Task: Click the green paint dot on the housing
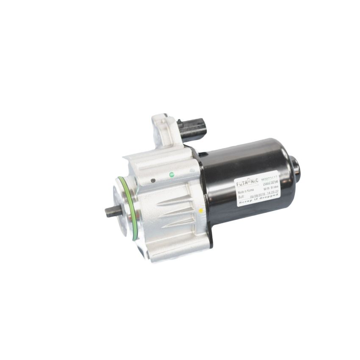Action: coord(172,174)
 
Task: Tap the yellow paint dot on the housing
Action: coord(201,210)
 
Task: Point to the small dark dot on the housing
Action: coord(153,180)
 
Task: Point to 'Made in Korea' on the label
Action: coord(247,191)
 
